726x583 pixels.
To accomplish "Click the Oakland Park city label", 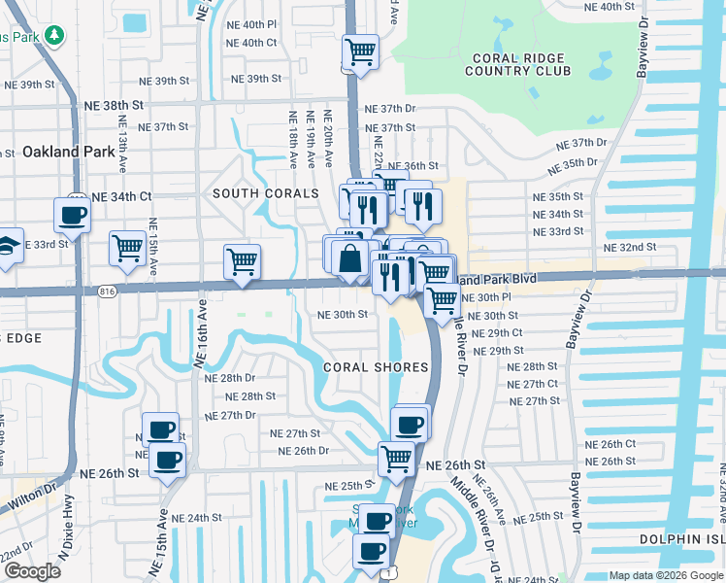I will [x=60, y=152].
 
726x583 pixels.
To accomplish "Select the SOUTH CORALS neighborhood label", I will [x=266, y=193].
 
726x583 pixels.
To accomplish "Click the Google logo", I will [x=32, y=571].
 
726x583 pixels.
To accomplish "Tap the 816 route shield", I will [x=107, y=291].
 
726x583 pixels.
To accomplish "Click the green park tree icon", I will [x=54, y=36].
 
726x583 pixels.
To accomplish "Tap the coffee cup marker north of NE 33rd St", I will [x=73, y=214].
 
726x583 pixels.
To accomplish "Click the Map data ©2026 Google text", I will [x=665, y=575].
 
